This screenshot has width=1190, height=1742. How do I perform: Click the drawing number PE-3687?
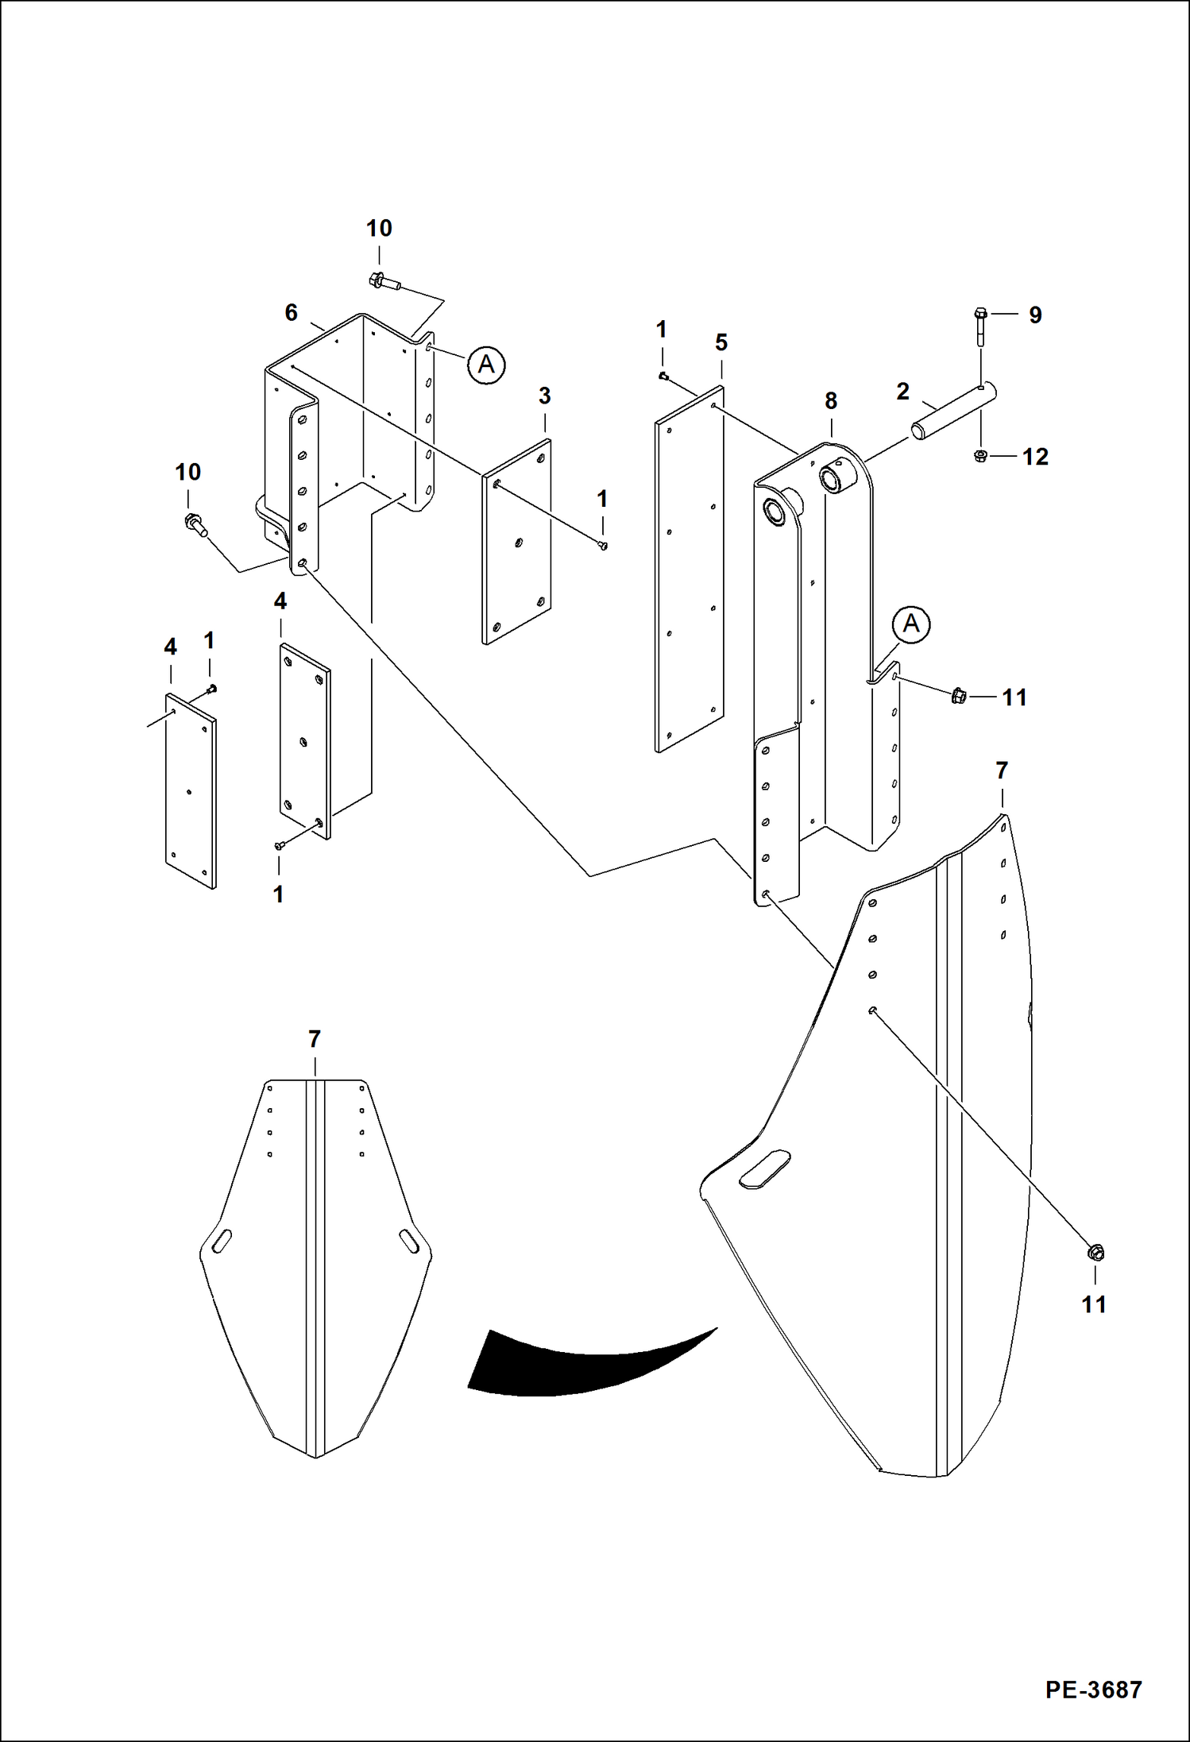[x=1093, y=1689]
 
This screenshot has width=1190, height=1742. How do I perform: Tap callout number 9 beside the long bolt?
[x=1035, y=315]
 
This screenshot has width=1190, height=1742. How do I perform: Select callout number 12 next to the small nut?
[x=1035, y=457]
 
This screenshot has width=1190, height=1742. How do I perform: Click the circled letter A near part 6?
[x=486, y=365]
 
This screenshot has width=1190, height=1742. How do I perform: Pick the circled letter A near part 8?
[x=911, y=624]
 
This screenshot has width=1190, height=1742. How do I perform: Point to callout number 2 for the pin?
[x=902, y=392]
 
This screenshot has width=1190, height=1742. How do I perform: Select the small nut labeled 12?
[x=980, y=456]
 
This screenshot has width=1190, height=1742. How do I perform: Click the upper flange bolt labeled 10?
[x=384, y=280]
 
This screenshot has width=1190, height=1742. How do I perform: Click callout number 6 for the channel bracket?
[x=292, y=313]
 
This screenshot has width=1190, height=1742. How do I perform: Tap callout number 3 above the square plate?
[x=544, y=396]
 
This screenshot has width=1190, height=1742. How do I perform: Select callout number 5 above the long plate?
[x=721, y=342]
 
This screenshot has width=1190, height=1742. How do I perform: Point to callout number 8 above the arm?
[x=831, y=401]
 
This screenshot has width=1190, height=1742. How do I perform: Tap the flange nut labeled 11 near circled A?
[x=959, y=696]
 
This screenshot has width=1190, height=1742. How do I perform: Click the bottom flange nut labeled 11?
[x=1095, y=1253]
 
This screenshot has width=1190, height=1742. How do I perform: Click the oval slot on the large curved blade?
[x=764, y=1169]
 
